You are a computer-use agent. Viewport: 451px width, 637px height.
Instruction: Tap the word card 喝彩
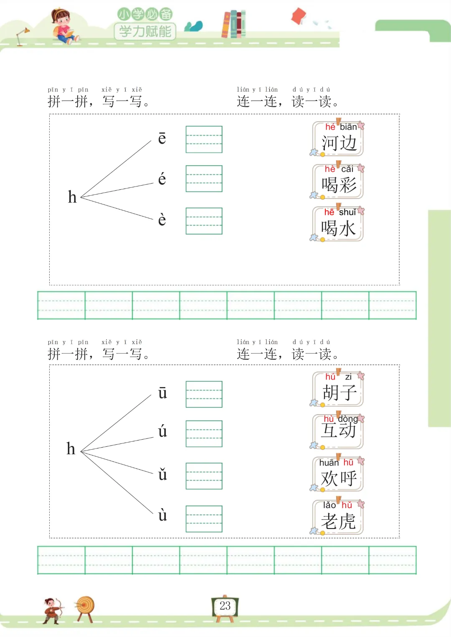338,182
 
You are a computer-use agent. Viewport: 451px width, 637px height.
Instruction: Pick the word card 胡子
338,389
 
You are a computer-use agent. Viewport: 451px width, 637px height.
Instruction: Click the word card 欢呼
338,475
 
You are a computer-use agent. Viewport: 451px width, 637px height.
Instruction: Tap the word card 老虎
338,518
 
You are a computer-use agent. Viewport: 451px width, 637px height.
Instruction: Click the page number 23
225,606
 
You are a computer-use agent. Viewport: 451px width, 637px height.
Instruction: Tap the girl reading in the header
63,26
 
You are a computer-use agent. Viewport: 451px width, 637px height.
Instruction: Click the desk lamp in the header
22,36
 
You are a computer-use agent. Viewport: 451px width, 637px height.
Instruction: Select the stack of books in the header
233,24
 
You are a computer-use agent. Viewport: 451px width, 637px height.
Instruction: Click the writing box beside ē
204,139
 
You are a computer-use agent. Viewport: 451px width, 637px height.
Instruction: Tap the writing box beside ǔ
204,476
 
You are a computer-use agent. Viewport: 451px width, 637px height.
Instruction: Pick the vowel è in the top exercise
162,219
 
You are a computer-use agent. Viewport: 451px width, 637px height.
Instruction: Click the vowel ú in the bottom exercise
162,431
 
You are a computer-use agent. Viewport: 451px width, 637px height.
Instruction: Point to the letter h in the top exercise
72,197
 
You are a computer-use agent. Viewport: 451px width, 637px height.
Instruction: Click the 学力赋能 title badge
145,31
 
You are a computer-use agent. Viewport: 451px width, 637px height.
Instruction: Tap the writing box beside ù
204,519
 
